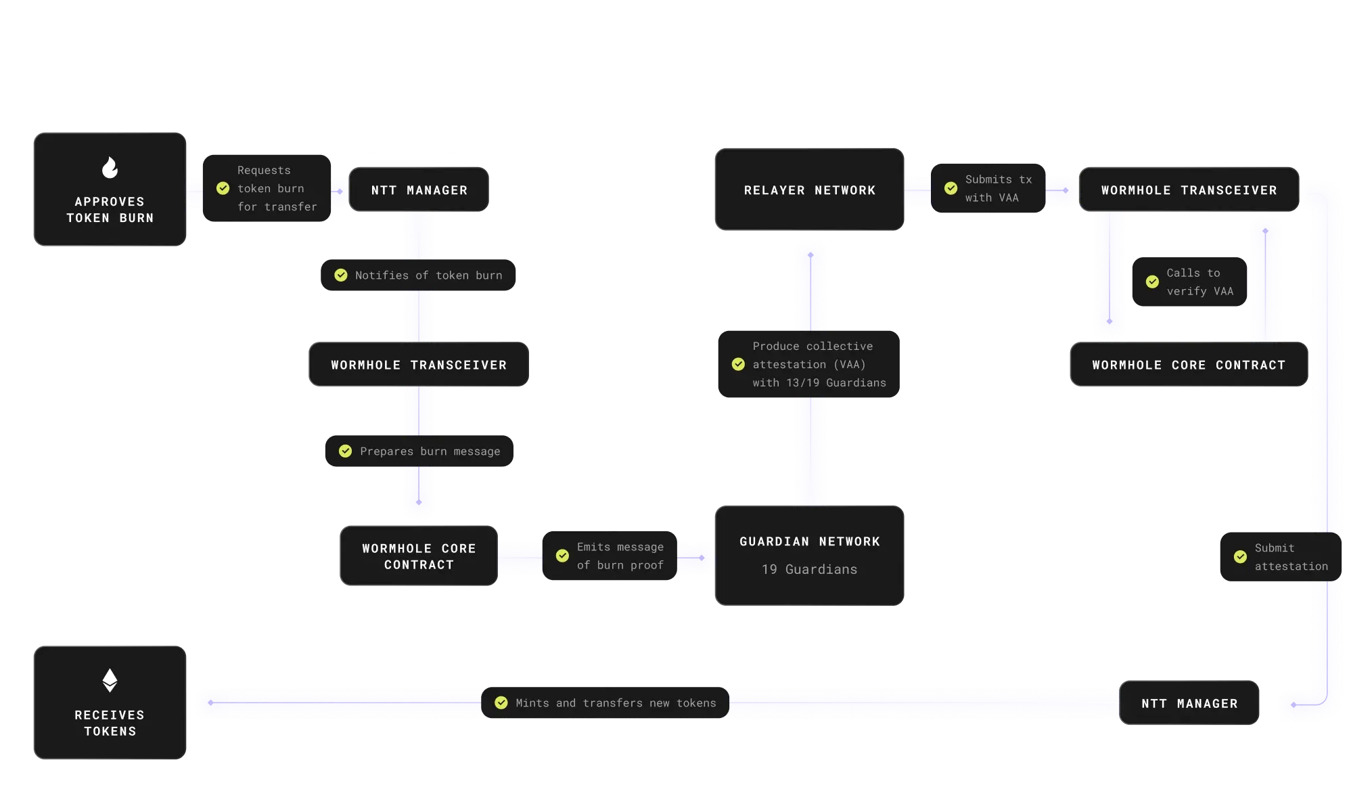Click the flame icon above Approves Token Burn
[x=110, y=167]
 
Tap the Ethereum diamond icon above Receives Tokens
[x=110, y=680]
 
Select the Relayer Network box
[x=809, y=190]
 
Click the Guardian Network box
[x=809, y=555]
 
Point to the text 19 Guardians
[x=809, y=570]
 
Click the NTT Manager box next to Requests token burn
[x=419, y=190]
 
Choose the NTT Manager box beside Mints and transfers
[x=1189, y=703]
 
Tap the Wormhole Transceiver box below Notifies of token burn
[x=419, y=365]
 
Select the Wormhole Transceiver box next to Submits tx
[x=1189, y=190]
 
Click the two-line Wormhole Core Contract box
[x=419, y=556]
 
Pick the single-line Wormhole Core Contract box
[x=1188, y=365]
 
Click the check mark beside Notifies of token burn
[x=341, y=275]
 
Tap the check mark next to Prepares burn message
[x=345, y=451]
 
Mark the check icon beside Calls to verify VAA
[x=1152, y=282]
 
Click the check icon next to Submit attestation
[x=1240, y=557]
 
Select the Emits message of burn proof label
[x=619, y=556]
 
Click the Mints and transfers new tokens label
[x=615, y=703]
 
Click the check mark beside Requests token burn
[x=223, y=189]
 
